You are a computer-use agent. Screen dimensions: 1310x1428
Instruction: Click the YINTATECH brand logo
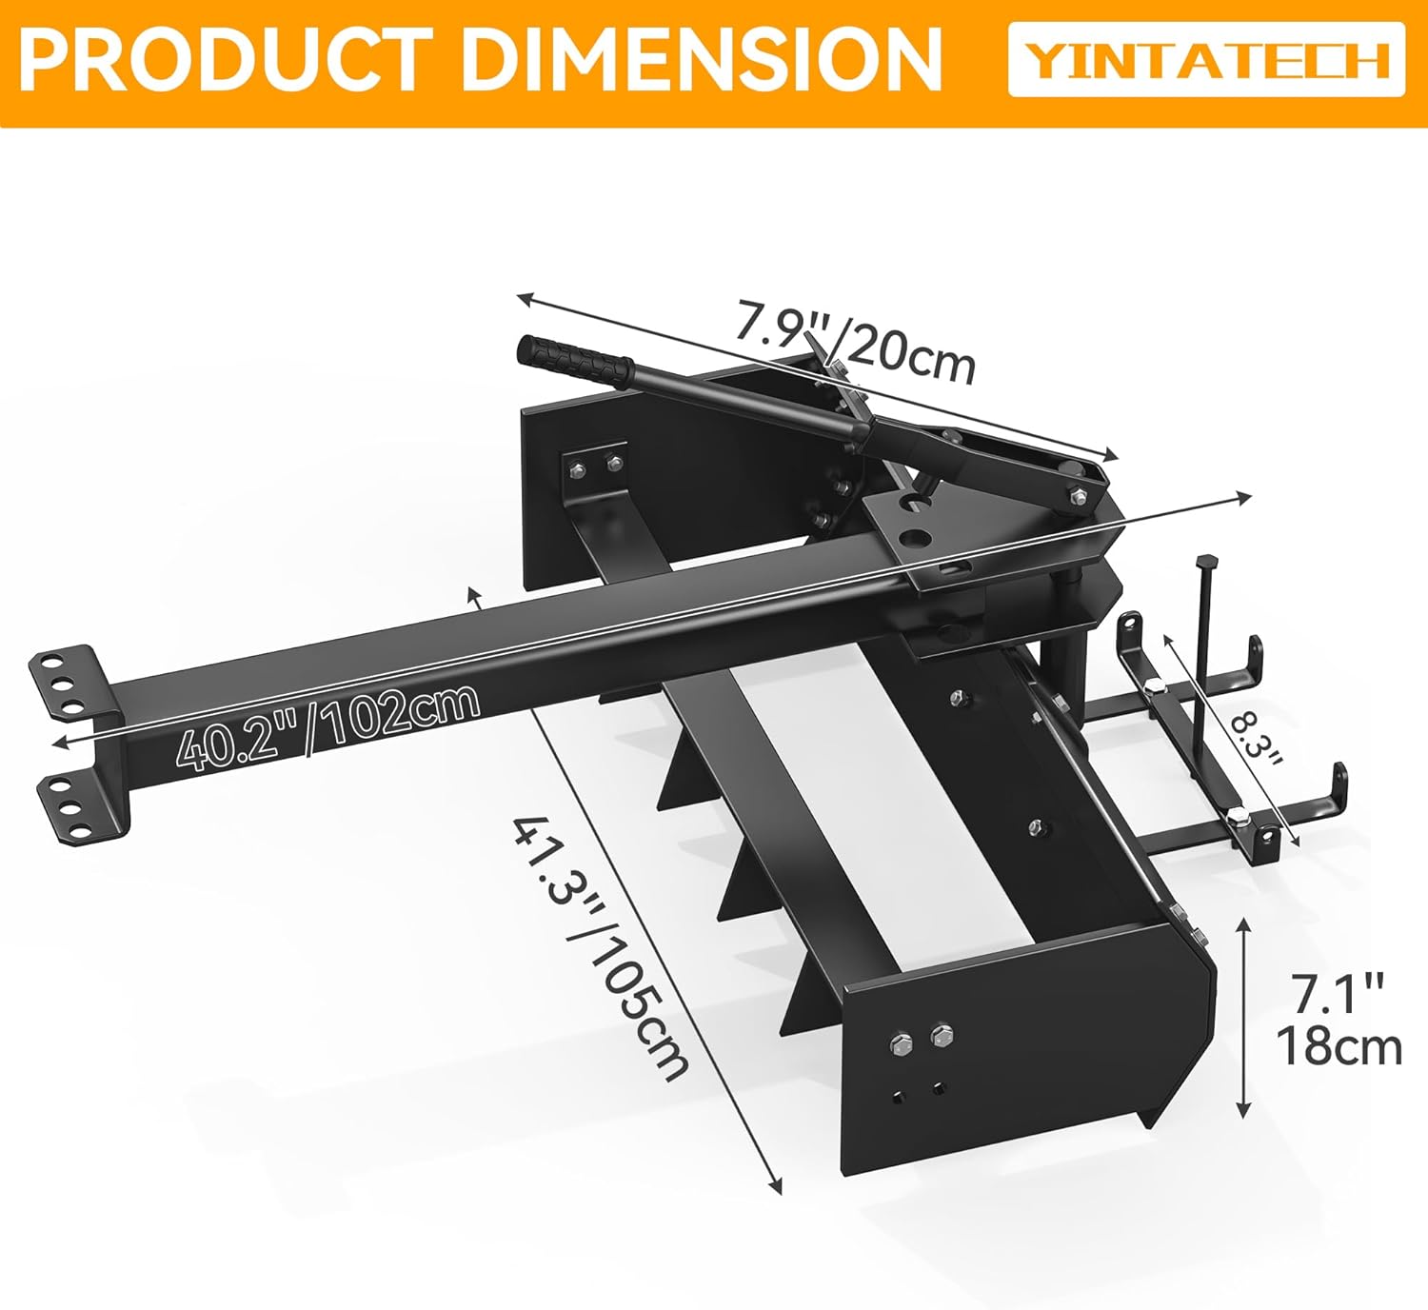click(x=1206, y=59)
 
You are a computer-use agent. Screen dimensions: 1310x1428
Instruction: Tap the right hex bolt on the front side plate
click(x=942, y=1036)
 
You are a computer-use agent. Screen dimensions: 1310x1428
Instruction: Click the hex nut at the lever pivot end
click(x=1077, y=494)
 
